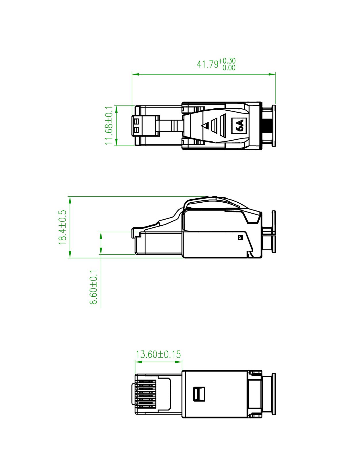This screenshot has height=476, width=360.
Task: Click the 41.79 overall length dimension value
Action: pos(207,64)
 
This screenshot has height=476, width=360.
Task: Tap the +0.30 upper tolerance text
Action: pos(227,61)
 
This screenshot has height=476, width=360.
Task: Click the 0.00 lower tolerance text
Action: pos(229,68)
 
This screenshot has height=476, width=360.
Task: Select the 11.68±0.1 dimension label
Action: pos(109,125)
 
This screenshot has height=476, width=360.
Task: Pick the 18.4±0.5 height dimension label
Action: pos(62,227)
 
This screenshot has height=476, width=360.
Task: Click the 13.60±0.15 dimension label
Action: pos(158,354)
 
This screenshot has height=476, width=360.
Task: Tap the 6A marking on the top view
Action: pos(239,126)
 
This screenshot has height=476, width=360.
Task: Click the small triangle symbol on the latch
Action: pos(205,126)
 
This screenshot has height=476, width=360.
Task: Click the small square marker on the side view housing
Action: pos(240,237)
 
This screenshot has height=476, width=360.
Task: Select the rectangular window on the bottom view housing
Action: pos(198,394)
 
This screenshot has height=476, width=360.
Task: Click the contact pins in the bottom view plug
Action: pos(145,394)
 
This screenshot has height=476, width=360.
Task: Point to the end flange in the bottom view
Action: pos(273,394)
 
